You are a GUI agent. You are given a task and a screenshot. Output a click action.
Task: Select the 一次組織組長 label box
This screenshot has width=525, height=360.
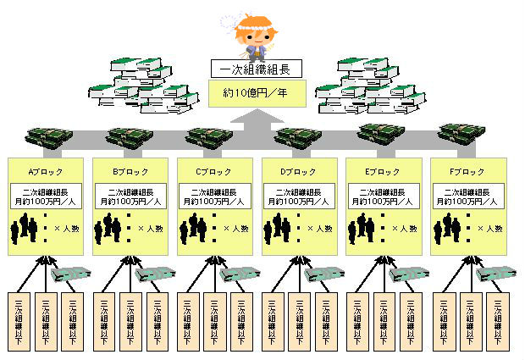point(252,69)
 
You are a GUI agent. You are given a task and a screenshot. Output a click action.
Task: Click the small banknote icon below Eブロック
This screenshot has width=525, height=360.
point(406,274)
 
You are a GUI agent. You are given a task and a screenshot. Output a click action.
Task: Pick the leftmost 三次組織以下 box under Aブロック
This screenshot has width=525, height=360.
point(19,323)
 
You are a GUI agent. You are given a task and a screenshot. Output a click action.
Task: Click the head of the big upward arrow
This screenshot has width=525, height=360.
point(252,123)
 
